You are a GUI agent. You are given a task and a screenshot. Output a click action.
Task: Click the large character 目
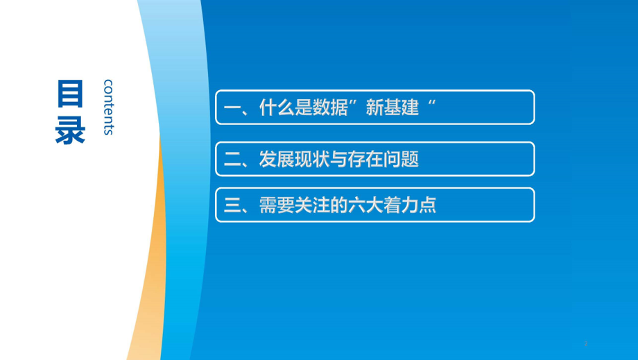point(71,94)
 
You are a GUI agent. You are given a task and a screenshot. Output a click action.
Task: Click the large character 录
point(71,129)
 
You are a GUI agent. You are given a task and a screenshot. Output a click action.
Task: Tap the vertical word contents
point(108,107)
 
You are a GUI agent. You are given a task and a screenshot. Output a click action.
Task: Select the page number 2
point(586,344)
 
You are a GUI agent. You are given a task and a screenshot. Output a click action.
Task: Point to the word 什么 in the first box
point(277,108)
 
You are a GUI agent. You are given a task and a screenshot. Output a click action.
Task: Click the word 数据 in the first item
point(329,108)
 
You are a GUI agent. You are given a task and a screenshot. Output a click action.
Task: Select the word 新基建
point(392,108)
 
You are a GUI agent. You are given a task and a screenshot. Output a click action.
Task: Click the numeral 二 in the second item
point(232,160)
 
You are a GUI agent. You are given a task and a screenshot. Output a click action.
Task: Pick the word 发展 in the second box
point(277,159)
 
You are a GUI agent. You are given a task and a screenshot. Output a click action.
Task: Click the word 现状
point(312,159)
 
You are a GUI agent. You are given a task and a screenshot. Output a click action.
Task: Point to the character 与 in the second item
point(338,159)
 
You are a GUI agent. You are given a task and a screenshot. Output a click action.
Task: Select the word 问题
point(401,159)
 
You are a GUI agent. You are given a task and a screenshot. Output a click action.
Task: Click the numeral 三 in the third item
point(232,205)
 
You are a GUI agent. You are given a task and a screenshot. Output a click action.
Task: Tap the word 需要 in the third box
point(277,205)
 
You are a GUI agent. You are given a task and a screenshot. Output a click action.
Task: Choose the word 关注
point(312,205)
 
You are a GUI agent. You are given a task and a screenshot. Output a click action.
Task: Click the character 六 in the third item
point(356,205)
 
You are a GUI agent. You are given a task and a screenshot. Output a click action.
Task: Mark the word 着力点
point(410,205)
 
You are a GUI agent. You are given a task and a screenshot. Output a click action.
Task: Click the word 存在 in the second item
point(365,159)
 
